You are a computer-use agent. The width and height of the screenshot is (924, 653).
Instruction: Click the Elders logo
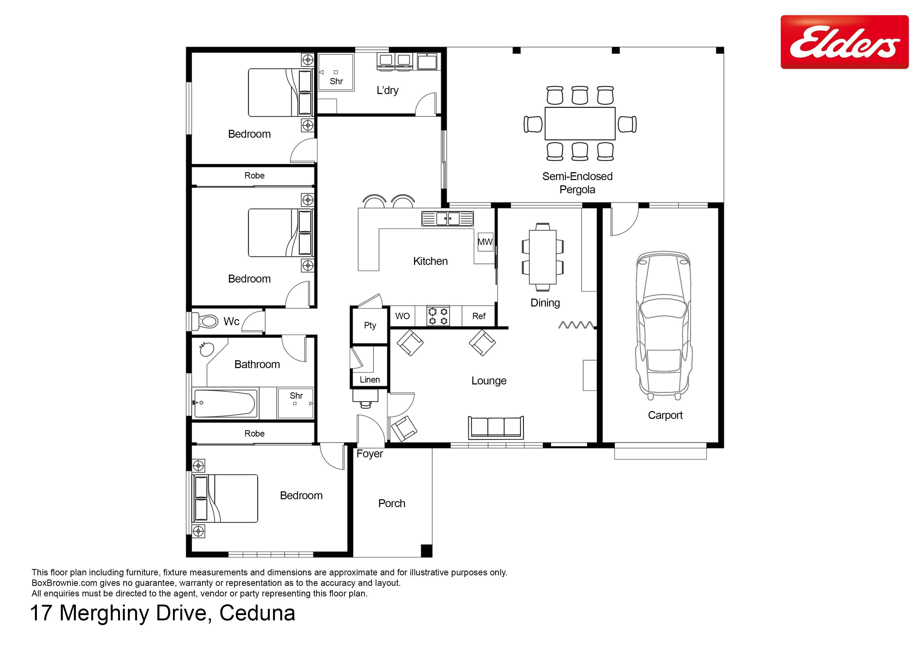(844, 42)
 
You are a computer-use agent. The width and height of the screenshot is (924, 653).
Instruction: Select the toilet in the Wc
(206, 321)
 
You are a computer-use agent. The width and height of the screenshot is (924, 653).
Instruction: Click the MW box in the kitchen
(485, 242)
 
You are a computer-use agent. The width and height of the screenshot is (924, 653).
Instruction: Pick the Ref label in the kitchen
(479, 316)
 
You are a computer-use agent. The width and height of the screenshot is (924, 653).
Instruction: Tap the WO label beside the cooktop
(402, 316)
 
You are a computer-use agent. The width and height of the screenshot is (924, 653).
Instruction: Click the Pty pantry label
(370, 325)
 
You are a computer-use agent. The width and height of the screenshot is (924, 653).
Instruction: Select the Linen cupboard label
(370, 379)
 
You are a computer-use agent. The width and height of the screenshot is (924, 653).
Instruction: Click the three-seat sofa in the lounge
(496, 427)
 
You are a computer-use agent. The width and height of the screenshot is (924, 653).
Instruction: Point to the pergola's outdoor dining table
(580, 123)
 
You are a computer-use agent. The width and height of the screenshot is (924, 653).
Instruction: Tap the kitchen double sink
(448, 219)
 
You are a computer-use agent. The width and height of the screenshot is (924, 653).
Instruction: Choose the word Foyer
(370, 454)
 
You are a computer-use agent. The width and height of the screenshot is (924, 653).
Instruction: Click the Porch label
(392, 503)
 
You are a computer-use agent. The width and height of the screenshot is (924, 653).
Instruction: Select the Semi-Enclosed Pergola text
(577, 183)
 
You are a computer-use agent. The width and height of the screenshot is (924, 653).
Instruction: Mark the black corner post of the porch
(427, 550)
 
